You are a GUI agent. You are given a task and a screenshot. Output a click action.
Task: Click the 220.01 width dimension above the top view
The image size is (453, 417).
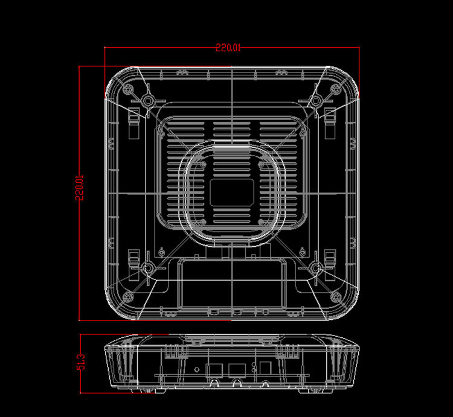228,48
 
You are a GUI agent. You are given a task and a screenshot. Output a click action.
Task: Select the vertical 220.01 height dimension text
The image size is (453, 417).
79,188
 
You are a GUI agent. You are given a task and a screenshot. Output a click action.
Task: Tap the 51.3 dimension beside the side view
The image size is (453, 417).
81,362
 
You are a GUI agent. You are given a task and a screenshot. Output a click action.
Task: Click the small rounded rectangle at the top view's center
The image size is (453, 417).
232,193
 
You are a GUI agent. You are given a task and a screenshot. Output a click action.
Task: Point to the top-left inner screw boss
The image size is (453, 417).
148,101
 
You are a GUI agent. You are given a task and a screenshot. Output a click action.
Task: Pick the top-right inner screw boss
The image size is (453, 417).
315,101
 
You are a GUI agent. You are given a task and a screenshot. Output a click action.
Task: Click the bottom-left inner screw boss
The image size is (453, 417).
148,269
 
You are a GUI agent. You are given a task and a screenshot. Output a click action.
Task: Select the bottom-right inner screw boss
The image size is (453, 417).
315,269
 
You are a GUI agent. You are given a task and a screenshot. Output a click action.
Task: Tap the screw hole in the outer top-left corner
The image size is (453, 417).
128,89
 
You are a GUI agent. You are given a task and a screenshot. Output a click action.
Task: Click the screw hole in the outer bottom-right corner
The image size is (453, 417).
335,296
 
